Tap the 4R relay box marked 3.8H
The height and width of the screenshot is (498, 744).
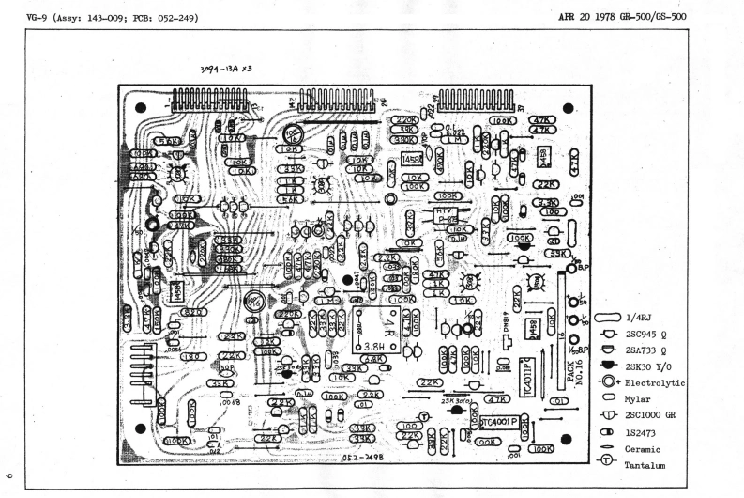tap(378, 328)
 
